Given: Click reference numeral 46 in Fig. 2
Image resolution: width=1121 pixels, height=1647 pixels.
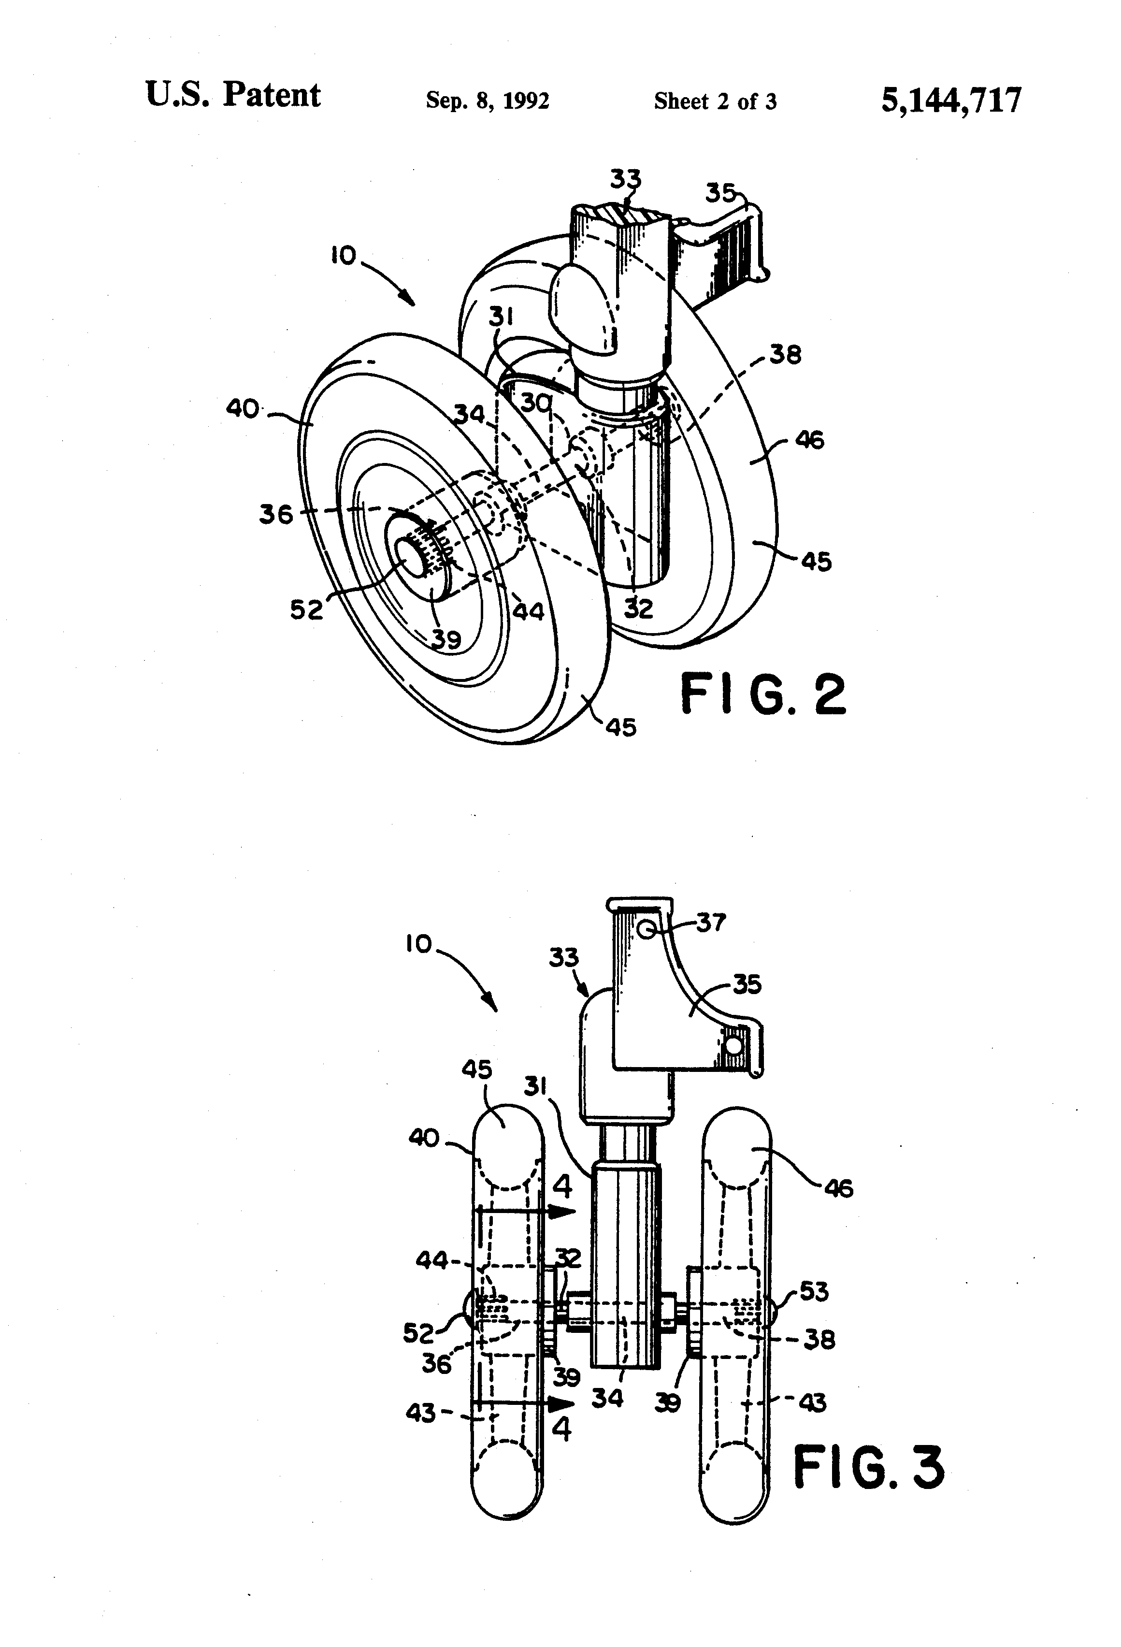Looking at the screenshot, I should coord(810,440).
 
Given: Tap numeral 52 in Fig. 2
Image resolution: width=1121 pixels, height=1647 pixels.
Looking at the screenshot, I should coord(306,609).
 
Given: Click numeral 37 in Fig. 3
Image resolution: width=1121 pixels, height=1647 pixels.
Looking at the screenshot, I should coord(711,922).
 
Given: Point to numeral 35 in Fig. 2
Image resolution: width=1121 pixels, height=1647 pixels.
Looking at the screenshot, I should coord(720,192).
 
